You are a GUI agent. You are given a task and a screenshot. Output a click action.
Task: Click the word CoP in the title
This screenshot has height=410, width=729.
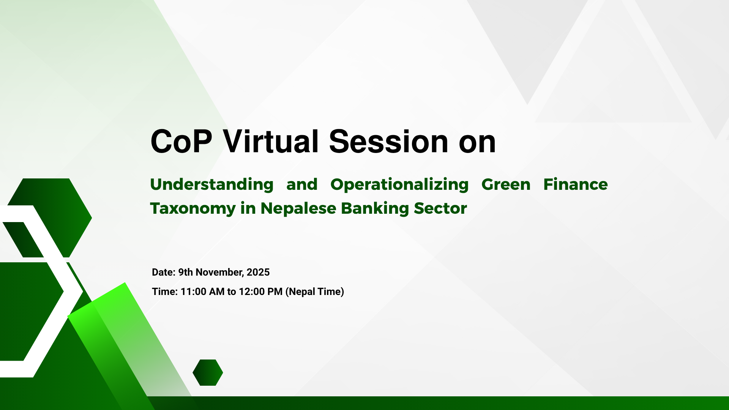(x=181, y=142)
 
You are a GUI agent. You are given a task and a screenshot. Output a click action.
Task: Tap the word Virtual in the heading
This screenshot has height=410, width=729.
(x=270, y=142)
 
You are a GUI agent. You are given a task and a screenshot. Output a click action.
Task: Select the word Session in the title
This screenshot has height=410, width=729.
(x=388, y=142)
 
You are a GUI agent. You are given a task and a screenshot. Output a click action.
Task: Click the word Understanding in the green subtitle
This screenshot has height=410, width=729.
(x=211, y=185)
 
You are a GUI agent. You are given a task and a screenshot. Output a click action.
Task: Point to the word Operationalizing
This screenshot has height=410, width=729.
(x=399, y=185)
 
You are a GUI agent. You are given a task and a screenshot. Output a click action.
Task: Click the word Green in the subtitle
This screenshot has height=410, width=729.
(x=506, y=184)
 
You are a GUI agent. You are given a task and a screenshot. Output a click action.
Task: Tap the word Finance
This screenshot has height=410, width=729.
(x=575, y=184)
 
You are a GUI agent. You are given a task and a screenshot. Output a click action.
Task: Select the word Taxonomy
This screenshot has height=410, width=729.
(x=193, y=209)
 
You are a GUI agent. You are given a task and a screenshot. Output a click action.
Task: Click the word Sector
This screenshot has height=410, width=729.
(x=440, y=208)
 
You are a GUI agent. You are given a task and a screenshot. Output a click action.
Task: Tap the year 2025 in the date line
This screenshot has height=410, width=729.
(x=258, y=272)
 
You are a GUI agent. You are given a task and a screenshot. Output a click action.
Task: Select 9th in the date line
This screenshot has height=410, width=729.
(x=186, y=272)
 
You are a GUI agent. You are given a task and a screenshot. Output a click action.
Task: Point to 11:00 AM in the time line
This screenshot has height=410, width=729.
(x=202, y=292)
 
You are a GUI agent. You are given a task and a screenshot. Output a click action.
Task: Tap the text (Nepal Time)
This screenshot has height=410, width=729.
(x=315, y=292)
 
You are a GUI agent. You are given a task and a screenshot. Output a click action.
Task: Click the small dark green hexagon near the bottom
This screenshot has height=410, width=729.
(x=208, y=372)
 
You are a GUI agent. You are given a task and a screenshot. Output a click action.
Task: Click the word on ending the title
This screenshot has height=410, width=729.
(x=477, y=142)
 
